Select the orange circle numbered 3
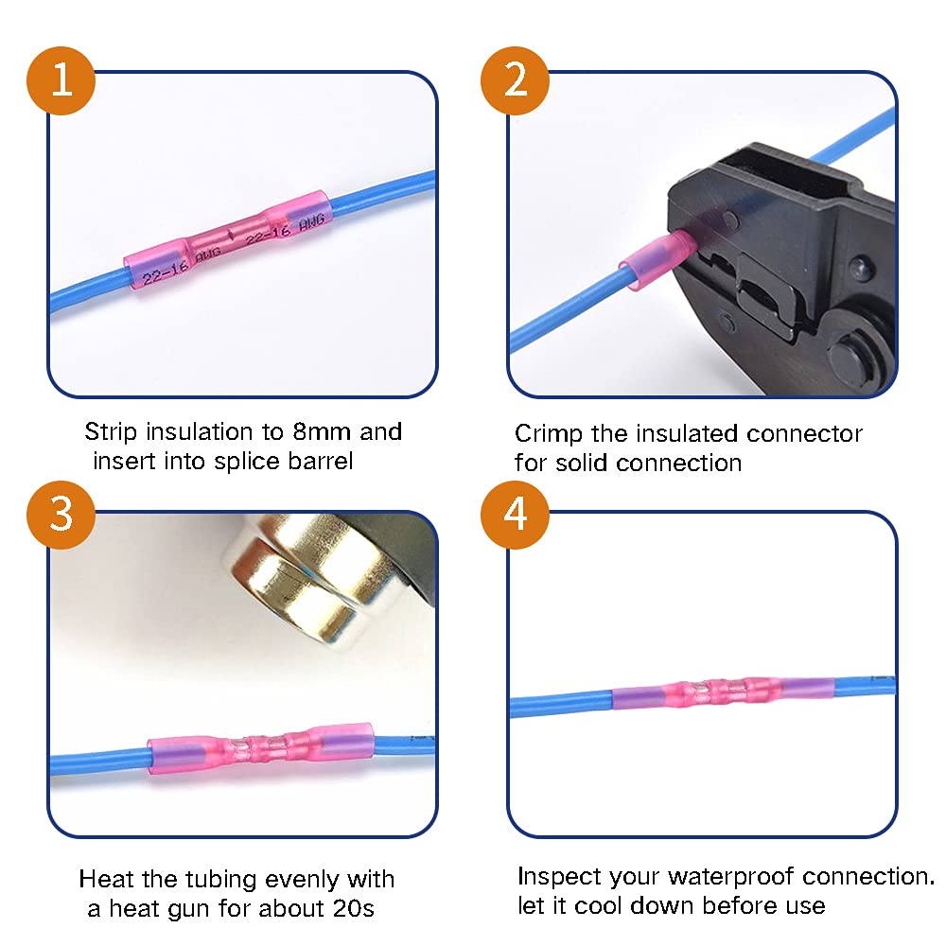(x=61, y=515)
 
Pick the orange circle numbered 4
(x=516, y=515)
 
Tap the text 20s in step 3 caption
(x=355, y=910)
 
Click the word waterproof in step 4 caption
(x=719, y=877)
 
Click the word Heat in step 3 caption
(x=105, y=880)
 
